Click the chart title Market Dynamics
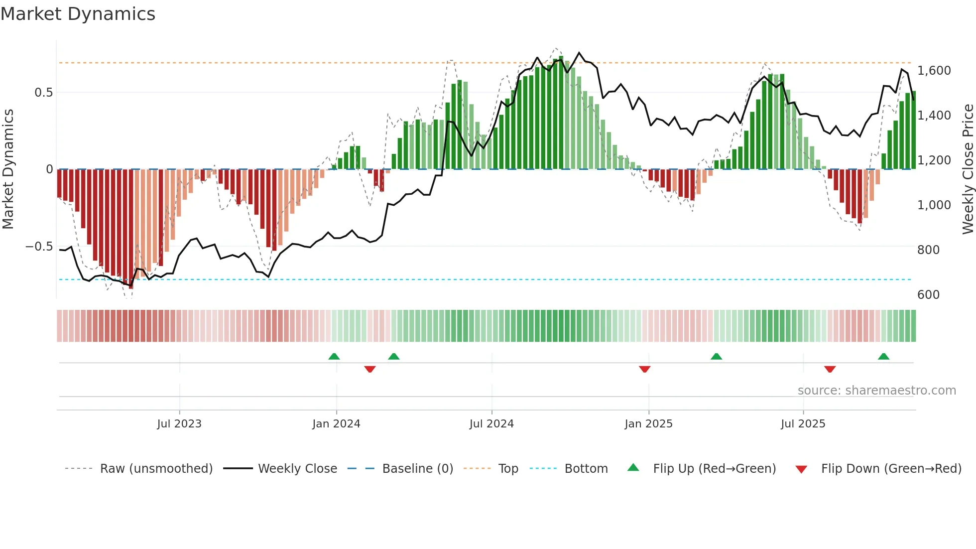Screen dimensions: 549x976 point(78,14)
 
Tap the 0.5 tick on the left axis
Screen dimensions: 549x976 point(43,93)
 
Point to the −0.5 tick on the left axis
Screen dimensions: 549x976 point(39,247)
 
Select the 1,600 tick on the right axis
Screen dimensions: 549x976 point(934,71)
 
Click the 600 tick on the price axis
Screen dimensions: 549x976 point(928,295)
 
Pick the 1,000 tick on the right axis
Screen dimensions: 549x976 point(934,205)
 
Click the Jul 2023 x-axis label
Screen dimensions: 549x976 point(179,424)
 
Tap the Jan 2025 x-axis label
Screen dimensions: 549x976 point(648,424)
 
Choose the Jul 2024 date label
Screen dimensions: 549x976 point(491,424)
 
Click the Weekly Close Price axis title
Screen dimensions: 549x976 point(968,169)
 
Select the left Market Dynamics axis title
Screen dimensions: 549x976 point(8,169)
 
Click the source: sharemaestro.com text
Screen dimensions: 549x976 point(876,391)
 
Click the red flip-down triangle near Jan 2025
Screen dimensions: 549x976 point(644,369)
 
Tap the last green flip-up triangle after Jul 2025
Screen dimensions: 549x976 point(883,357)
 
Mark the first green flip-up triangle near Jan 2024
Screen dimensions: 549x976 point(334,357)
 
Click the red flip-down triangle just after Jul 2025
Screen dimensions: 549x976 point(830,369)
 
